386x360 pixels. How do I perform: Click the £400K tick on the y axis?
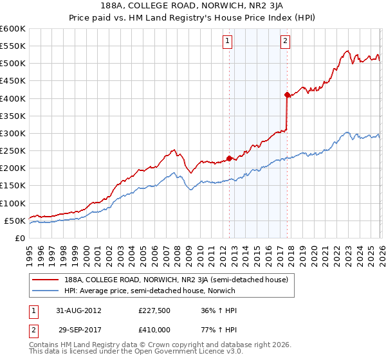coord(13,98)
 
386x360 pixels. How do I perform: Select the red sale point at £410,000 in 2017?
coord(287,94)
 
